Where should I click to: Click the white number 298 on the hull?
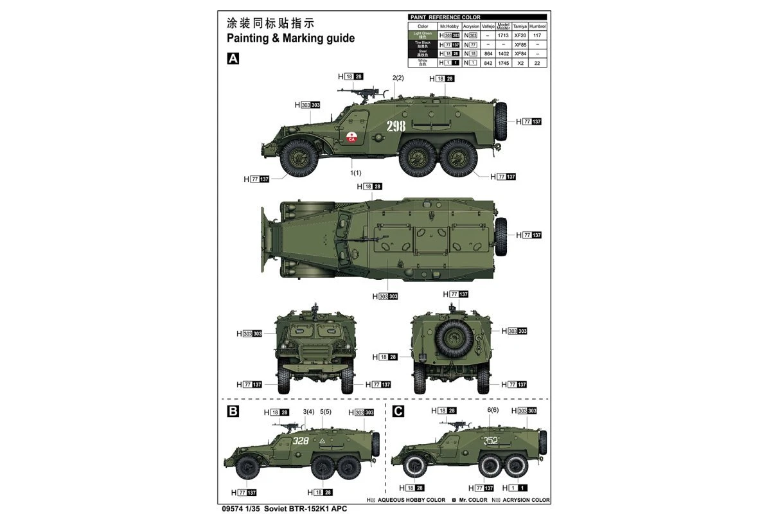pyautogui.click(x=396, y=126)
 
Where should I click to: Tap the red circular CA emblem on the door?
pyautogui.click(x=351, y=137)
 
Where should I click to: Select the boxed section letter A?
pyautogui.click(x=233, y=58)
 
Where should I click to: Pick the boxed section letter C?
pyautogui.click(x=398, y=411)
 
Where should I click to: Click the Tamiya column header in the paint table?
pyautogui.click(x=520, y=26)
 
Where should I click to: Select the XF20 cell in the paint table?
pyautogui.click(x=520, y=35)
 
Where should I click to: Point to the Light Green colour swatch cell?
pyautogui.click(x=422, y=35)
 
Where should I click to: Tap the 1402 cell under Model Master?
pyautogui.click(x=503, y=54)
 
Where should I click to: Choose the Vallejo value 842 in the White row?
pyautogui.click(x=488, y=64)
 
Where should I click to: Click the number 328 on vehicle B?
pyautogui.click(x=300, y=441)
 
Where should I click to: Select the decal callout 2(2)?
pyautogui.click(x=398, y=78)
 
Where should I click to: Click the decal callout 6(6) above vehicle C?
pyautogui.click(x=493, y=411)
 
